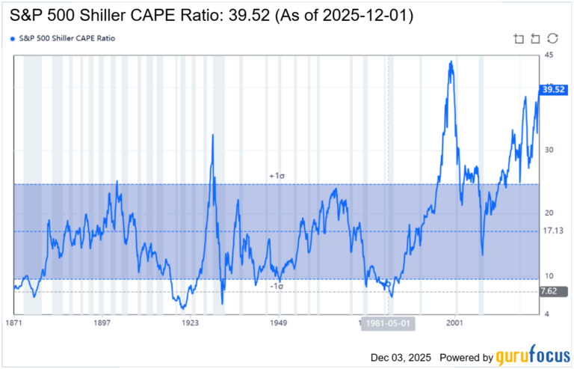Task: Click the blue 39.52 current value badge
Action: click(x=552, y=89)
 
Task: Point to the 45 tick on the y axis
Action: click(x=549, y=56)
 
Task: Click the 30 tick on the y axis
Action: click(x=548, y=150)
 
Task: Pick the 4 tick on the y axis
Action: click(x=546, y=314)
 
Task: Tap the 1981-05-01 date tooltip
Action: click(x=388, y=323)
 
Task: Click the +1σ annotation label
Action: click(x=278, y=176)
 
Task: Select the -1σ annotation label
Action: click(x=278, y=287)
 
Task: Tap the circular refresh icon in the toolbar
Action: click(x=552, y=38)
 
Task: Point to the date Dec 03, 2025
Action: click(x=401, y=358)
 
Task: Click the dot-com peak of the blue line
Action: click(x=450, y=62)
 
